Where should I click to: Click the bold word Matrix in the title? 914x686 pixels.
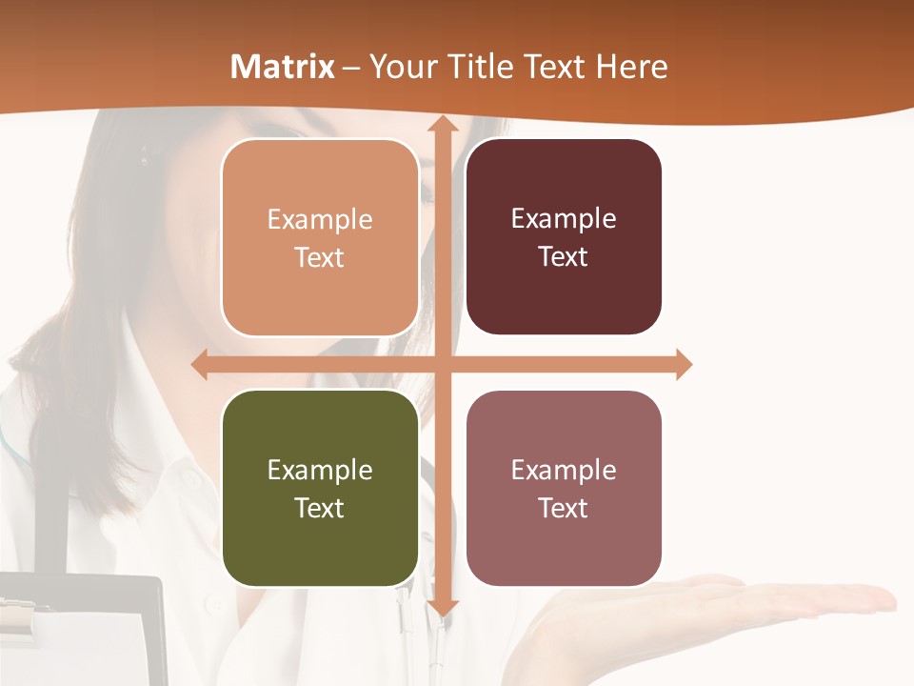pos(283,67)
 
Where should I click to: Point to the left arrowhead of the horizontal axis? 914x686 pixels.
pos(200,364)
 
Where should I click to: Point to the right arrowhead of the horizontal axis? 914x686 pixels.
pos(683,364)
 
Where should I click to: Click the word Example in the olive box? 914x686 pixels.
pos(320,470)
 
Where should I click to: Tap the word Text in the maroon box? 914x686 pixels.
pos(564,257)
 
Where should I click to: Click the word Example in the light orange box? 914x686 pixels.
pos(320,219)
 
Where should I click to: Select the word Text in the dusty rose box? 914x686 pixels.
pos(564,508)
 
